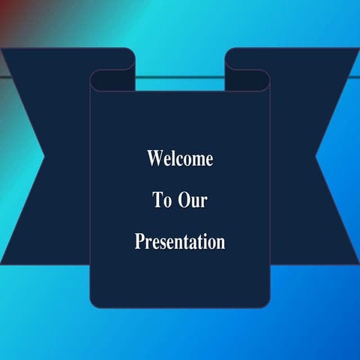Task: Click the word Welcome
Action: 180,159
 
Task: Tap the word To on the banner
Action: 162,200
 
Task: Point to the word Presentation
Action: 180,242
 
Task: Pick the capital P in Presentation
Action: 139,242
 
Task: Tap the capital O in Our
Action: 182,200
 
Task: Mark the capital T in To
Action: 157,200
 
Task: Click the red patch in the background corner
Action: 9,15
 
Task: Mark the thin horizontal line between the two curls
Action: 180,76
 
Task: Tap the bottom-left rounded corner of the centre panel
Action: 94,302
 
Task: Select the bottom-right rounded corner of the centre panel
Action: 265,302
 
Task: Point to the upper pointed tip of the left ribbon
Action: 3,51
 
